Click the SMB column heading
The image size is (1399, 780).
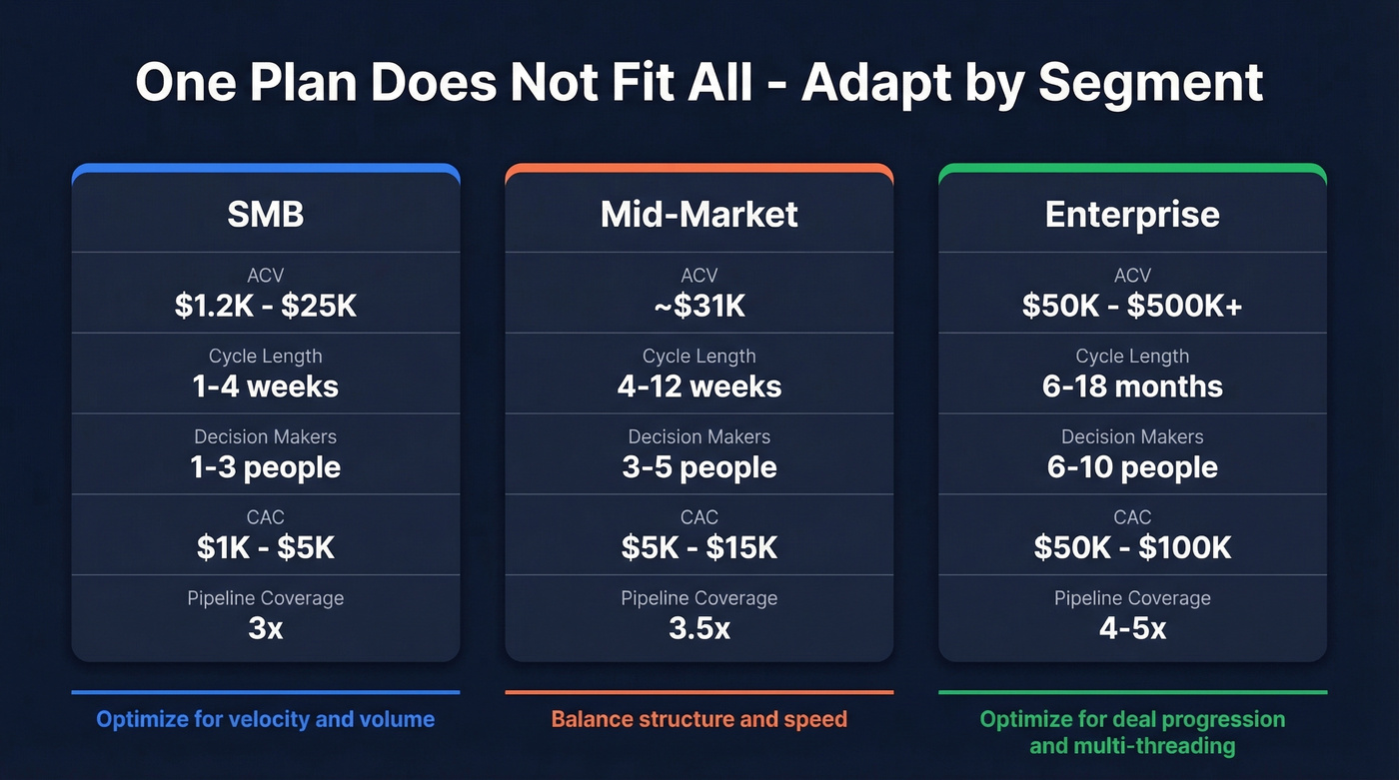(266, 214)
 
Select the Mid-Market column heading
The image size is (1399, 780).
(699, 214)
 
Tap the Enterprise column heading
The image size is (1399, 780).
(1132, 214)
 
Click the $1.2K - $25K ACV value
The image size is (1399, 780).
(266, 306)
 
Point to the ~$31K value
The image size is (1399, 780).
(699, 306)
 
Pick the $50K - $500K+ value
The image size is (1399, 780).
(1132, 306)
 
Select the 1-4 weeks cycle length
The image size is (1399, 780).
(266, 387)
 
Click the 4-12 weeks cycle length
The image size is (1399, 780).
(699, 387)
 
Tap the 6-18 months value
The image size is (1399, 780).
(1132, 387)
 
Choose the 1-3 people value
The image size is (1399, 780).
(266, 467)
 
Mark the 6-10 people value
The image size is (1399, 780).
(1132, 467)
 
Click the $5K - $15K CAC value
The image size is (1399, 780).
(699, 547)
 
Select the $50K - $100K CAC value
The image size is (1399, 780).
(1132, 547)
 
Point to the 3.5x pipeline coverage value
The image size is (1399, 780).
(699, 628)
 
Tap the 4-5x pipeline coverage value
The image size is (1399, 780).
(1132, 628)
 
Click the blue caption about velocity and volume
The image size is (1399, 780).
(266, 719)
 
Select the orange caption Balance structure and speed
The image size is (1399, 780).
(699, 719)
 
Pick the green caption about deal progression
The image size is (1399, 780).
(1132, 732)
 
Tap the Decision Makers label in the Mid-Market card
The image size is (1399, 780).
(699, 436)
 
